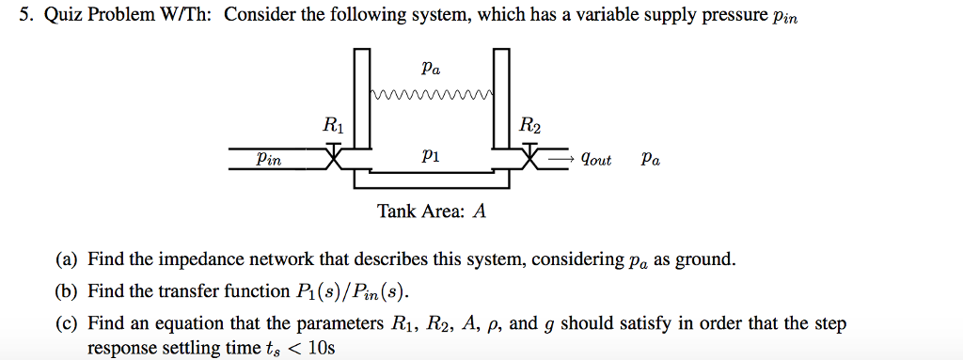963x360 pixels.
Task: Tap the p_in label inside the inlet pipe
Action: (269, 160)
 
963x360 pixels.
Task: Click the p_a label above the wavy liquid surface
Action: (431, 69)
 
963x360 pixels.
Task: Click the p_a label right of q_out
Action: (650, 159)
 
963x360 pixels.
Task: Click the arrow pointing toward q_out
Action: (561, 159)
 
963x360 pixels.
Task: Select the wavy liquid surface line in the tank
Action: (432, 94)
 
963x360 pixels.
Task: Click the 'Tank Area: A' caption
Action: (432, 211)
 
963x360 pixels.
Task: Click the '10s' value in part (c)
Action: (321, 348)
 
